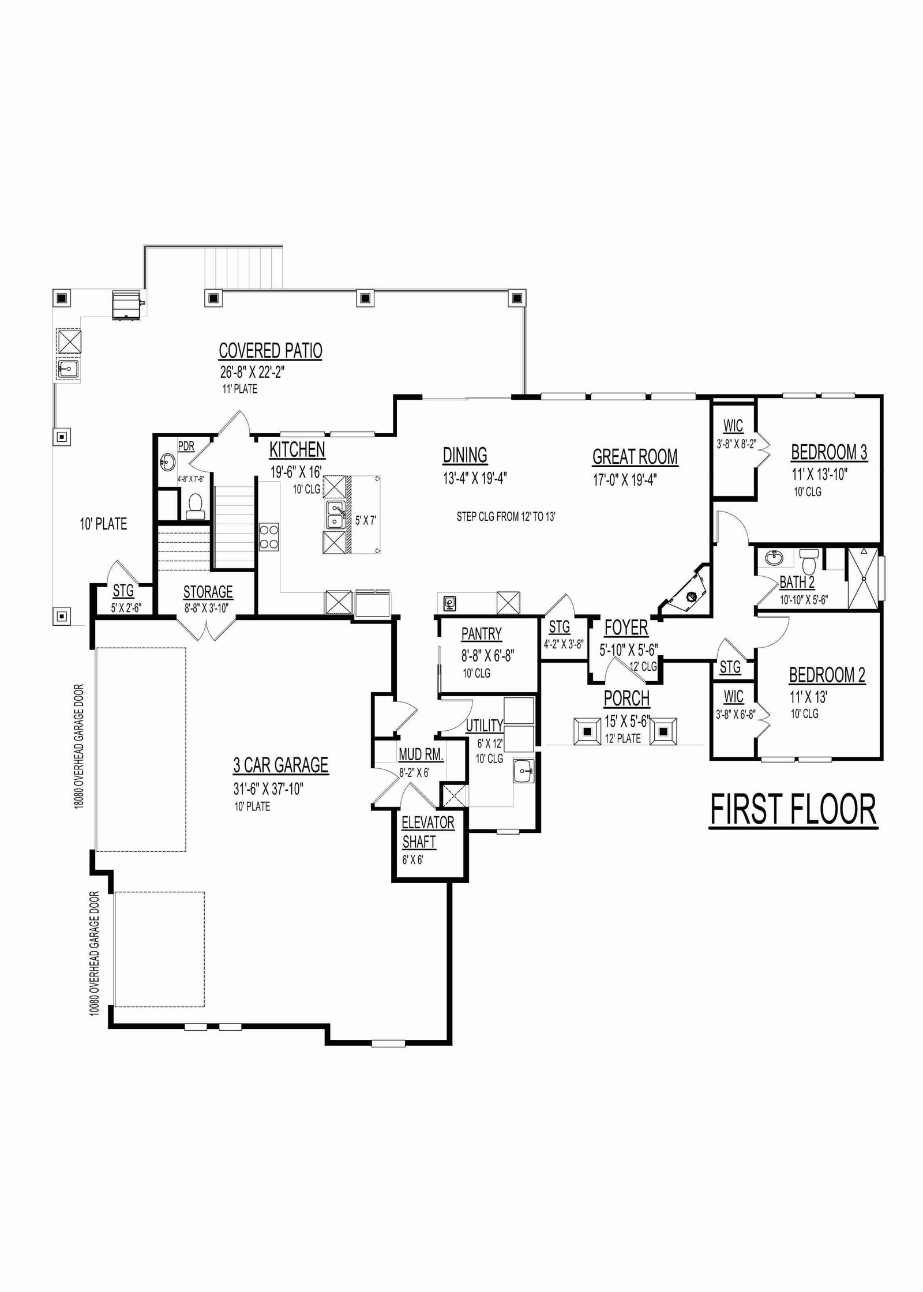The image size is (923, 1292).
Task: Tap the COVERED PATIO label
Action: (x=271, y=351)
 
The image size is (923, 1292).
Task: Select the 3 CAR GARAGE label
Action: (x=281, y=765)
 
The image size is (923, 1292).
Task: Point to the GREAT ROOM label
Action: (x=635, y=457)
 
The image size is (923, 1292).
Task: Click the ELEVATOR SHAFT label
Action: (x=428, y=832)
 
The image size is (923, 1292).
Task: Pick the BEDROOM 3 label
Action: (x=829, y=452)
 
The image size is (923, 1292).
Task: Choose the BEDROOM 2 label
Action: (x=827, y=675)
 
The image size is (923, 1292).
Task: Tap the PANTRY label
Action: (x=482, y=634)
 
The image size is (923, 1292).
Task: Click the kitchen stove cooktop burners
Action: (x=269, y=536)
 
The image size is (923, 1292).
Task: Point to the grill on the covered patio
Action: (x=127, y=304)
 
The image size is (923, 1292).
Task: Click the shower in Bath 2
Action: (x=863, y=578)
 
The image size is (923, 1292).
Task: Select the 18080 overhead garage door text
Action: (x=79, y=746)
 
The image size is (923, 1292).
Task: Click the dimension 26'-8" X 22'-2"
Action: (x=253, y=371)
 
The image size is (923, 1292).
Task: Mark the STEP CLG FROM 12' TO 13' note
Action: (x=506, y=517)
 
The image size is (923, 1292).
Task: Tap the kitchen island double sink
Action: (x=336, y=514)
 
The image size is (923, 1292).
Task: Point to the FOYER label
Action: (x=626, y=628)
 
